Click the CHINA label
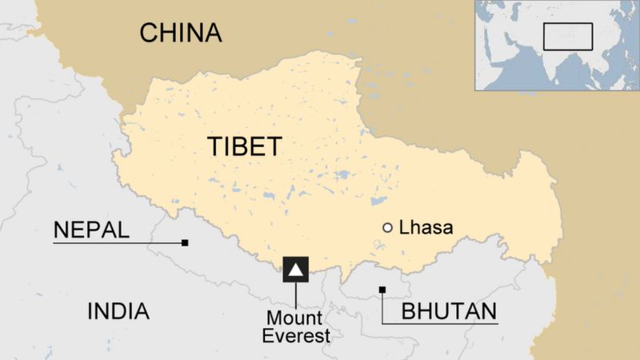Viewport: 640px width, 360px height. click(180, 33)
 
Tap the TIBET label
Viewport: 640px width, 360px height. click(244, 147)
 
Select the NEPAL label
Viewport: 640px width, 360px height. click(90, 230)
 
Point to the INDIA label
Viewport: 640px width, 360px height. click(118, 311)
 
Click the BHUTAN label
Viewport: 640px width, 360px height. click(449, 311)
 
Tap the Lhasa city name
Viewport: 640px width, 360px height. click(426, 228)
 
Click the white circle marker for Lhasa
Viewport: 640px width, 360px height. click(388, 228)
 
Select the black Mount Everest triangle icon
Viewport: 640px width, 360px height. click(296, 270)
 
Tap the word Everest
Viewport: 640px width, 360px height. click(297, 336)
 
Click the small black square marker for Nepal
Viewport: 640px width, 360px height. click(185, 242)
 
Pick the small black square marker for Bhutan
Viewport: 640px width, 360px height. click(382, 290)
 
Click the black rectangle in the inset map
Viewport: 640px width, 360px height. click(568, 36)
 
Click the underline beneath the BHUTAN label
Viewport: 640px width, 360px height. click(440, 322)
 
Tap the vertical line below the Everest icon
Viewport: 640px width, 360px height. click(296, 296)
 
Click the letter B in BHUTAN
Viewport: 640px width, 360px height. click(408, 311)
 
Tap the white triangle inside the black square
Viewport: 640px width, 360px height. click(296, 270)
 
